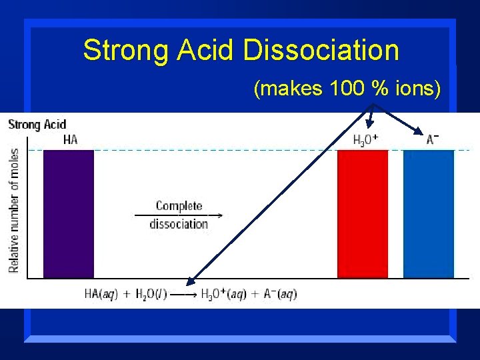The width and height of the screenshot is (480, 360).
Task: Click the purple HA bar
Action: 68,213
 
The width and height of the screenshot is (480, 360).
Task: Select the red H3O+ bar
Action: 362,213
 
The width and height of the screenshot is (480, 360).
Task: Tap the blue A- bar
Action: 429,213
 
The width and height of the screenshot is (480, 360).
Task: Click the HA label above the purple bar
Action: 70,139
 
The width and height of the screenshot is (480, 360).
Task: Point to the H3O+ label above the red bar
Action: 365,139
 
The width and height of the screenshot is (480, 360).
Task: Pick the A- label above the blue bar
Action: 433,139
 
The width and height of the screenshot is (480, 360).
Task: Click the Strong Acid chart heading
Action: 37,124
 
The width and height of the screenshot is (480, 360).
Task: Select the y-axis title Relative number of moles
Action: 14,210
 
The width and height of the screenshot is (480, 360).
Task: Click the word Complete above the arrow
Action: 179,206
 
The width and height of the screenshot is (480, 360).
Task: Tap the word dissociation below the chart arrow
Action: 179,224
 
